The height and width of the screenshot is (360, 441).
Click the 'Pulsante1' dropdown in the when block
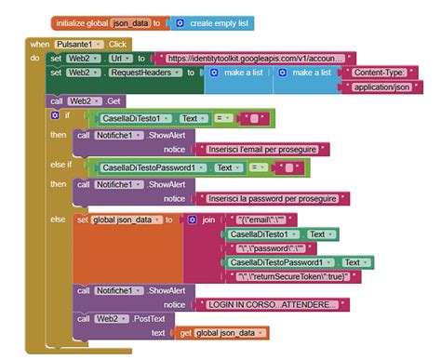[x=78, y=44]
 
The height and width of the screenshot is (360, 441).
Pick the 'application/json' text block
[x=382, y=87]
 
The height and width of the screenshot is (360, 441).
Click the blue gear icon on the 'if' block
[x=55, y=115]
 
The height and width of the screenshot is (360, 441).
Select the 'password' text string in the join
[x=271, y=248]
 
